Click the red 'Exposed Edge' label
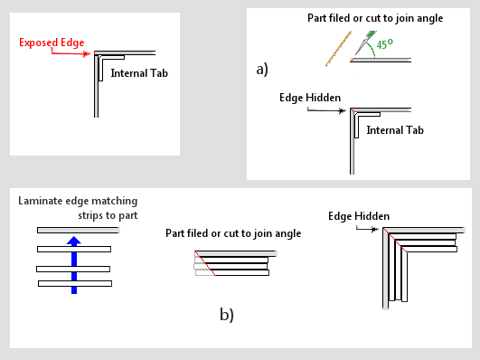tap(52, 43)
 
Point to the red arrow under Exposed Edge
tap(71, 53)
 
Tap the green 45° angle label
tap(384, 44)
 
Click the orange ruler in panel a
tap(338, 49)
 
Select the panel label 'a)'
tap(262, 69)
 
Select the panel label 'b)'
tap(227, 315)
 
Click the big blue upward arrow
tap(74, 265)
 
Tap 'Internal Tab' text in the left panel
tap(139, 73)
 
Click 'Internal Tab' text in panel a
tap(395, 130)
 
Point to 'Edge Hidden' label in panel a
tap(310, 98)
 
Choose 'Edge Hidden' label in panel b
tap(359, 216)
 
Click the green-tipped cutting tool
tap(365, 43)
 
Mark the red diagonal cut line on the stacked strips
tap(205, 263)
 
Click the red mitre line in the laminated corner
tap(395, 241)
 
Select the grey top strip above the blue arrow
tap(78, 230)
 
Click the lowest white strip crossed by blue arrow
tap(75, 284)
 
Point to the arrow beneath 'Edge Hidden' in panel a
tap(326, 110)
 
